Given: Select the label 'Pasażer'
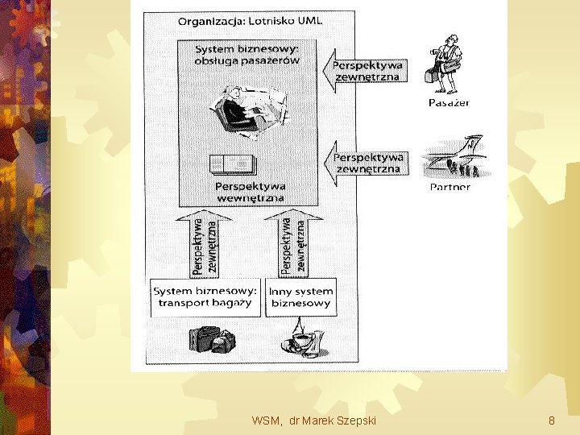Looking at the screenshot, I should tap(449, 103).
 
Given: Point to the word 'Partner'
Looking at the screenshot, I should tap(450, 188).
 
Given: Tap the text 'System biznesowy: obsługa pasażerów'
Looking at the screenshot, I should tap(246, 55).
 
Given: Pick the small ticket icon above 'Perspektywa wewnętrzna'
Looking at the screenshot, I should tap(230, 164).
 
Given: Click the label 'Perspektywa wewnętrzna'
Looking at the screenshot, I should tap(251, 192).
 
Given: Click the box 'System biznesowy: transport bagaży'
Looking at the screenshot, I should tap(205, 296).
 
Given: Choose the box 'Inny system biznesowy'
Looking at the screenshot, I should tap(300, 296).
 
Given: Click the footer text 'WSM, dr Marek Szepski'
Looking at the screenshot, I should tap(313, 420).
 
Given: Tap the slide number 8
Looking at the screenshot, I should tap(551, 420).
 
